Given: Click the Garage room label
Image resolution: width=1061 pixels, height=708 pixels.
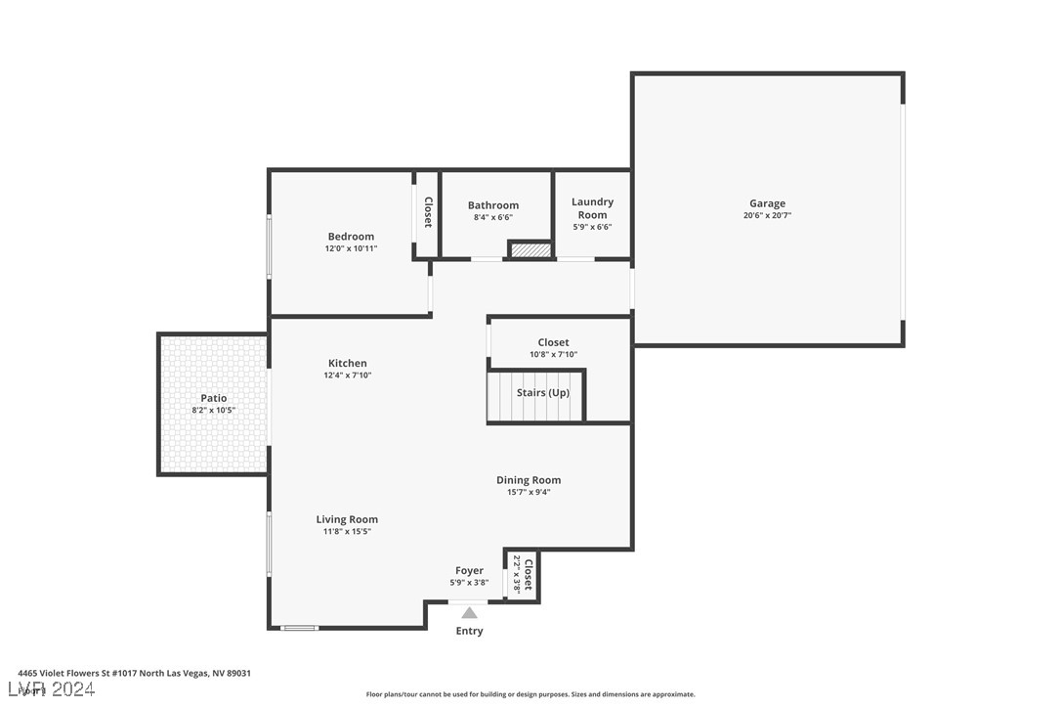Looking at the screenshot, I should pyautogui.click(x=767, y=203).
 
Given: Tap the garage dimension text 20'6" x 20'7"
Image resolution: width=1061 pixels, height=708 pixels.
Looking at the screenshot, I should pyautogui.click(x=767, y=215).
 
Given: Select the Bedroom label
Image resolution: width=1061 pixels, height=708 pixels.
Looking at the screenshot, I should pyautogui.click(x=351, y=237).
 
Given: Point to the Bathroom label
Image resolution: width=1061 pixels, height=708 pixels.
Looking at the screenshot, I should pyautogui.click(x=493, y=205).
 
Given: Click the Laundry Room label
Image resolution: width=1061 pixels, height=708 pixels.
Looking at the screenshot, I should pyautogui.click(x=592, y=208).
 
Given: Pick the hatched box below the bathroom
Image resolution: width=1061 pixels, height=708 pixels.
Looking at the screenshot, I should pyautogui.click(x=530, y=251).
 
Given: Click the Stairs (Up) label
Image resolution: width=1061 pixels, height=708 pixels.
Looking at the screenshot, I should pyautogui.click(x=543, y=393).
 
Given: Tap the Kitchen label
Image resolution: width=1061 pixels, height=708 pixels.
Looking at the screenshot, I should pyautogui.click(x=348, y=364).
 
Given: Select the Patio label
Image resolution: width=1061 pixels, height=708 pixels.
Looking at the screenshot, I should pyautogui.click(x=214, y=398).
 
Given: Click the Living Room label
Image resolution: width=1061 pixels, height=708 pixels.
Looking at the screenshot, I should pyautogui.click(x=347, y=519).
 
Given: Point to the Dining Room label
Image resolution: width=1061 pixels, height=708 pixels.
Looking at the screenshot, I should pyautogui.click(x=529, y=480).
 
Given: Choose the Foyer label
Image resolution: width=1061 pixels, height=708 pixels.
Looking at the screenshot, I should pyautogui.click(x=469, y=571).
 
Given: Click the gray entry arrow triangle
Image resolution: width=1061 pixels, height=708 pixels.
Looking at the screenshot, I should pyautogui.click(x=469, y=613).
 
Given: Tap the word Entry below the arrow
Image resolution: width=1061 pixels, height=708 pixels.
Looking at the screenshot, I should pyautogui.click(x=469, y=632).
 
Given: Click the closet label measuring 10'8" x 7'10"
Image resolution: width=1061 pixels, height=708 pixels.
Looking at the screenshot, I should pyautogui.click(x=553, y=342).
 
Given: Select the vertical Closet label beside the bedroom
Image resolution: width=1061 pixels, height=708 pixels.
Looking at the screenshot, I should pyautogui.click(x=428, y=212).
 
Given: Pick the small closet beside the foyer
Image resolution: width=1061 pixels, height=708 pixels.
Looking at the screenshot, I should pyautogui.click(x=523, y=575).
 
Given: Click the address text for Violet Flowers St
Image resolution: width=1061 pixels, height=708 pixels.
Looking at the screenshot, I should pyautogui.click(x=135, y=673).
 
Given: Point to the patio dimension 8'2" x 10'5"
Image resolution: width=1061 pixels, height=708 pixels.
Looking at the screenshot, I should pyautogui.click(x=214, y=410).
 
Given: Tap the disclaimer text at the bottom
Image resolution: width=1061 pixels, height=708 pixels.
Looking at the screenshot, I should pyautogui.click(x=530, y=694).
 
